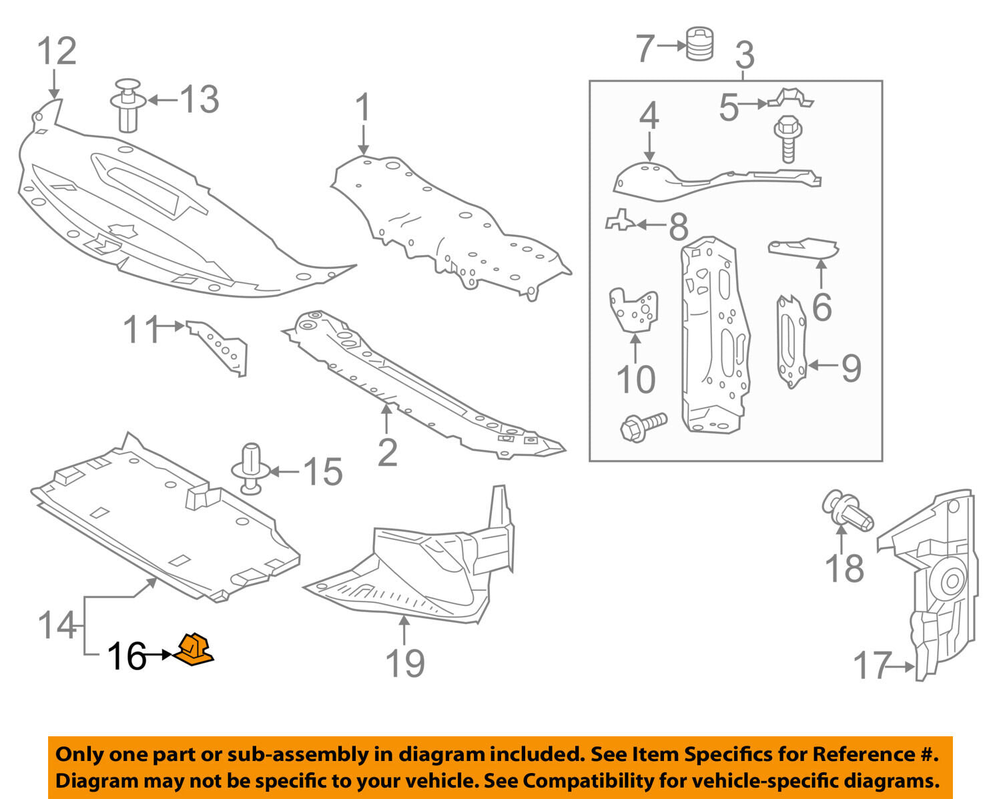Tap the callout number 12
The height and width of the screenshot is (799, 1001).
point(56,51)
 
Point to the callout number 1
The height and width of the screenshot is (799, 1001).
point(362,108)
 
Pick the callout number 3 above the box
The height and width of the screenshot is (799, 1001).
point(744,55)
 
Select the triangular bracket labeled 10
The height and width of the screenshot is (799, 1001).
point(635,310)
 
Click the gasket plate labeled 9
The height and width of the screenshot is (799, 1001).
point(791,342)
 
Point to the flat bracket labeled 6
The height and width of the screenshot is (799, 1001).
point(804,248)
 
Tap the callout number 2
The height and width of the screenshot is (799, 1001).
point(387,453)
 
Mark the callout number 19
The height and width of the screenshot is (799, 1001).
point(405,663)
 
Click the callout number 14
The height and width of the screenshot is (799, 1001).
point(57,625)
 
